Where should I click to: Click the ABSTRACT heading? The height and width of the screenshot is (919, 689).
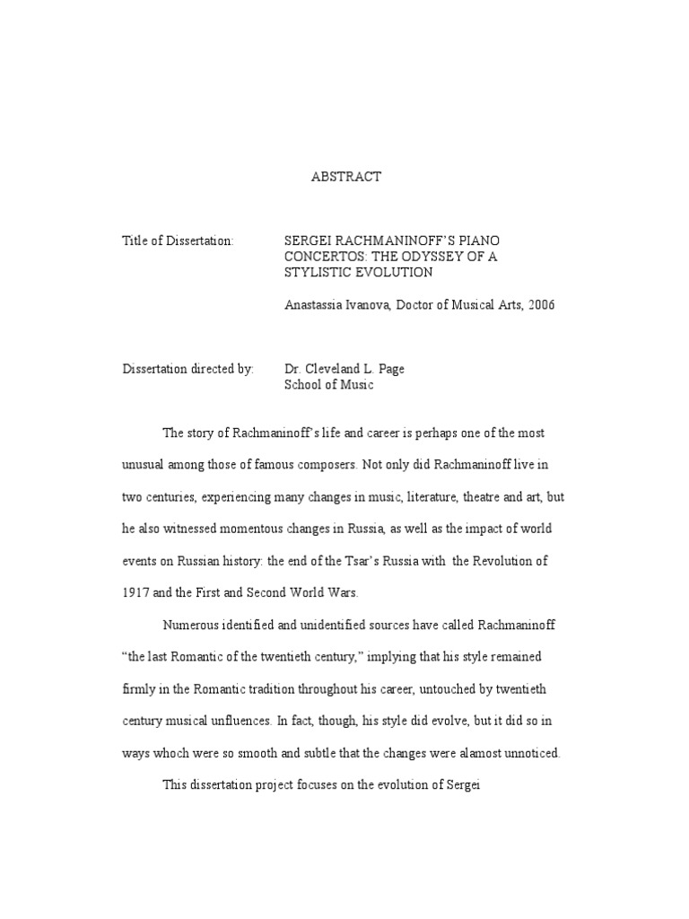[x=345, y=177]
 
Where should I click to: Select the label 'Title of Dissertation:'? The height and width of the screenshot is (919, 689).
[x=178, y=241]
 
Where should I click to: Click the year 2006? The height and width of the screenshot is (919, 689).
[x=541, y=305]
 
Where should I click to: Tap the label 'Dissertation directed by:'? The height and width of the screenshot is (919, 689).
[x=188, y=369]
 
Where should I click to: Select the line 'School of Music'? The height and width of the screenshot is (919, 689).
[x=328, y=385]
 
